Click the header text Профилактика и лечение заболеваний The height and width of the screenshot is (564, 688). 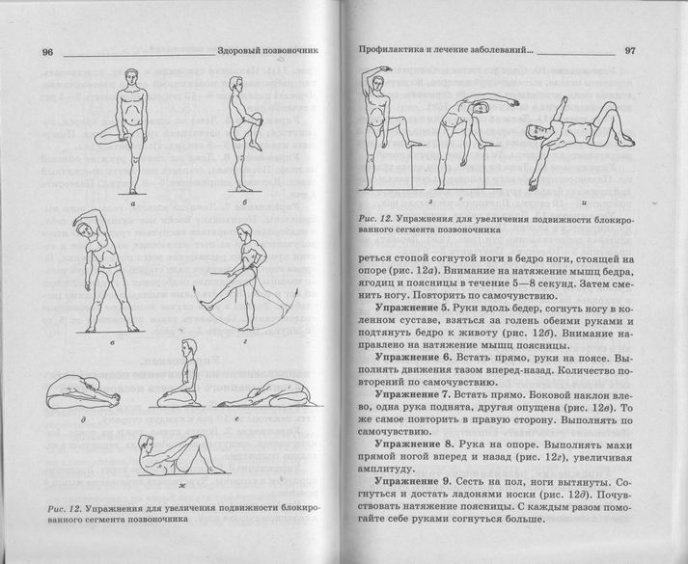pyautogui.click(x=444, y=52)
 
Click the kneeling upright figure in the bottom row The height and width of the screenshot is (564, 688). pyautogui.click(x=183, y=386)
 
